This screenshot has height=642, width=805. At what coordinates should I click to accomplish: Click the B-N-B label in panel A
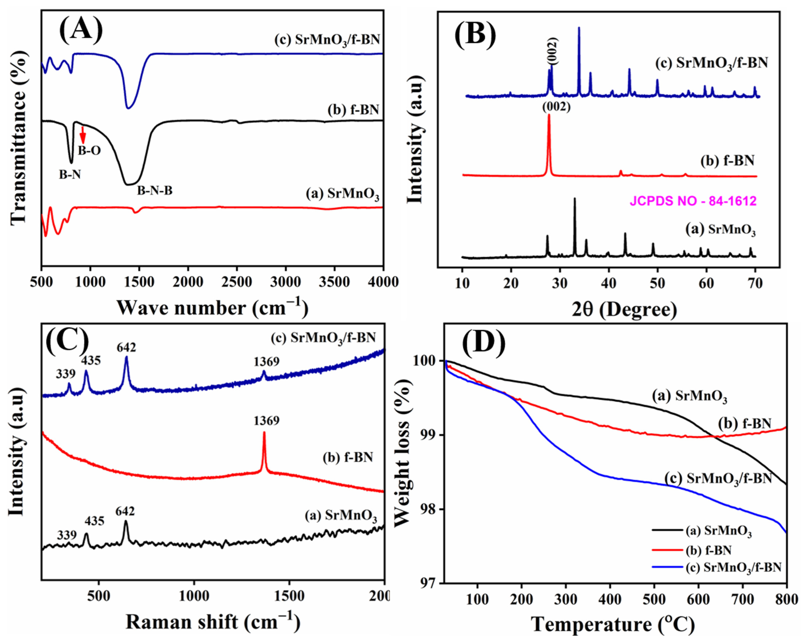[155, 191]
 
